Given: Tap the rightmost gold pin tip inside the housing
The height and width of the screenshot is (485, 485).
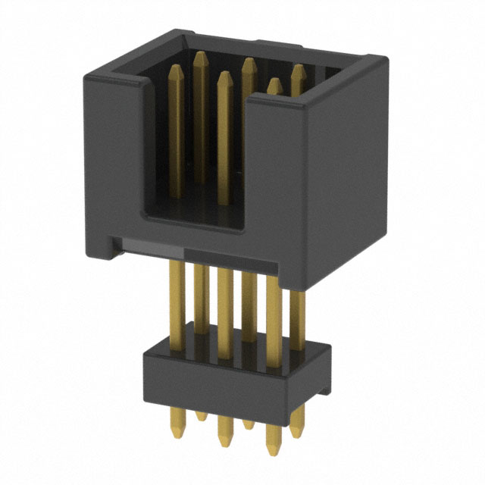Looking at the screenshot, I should (x=298, y=70).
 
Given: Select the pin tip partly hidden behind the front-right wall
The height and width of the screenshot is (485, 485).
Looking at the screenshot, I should (x=273, y=84).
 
